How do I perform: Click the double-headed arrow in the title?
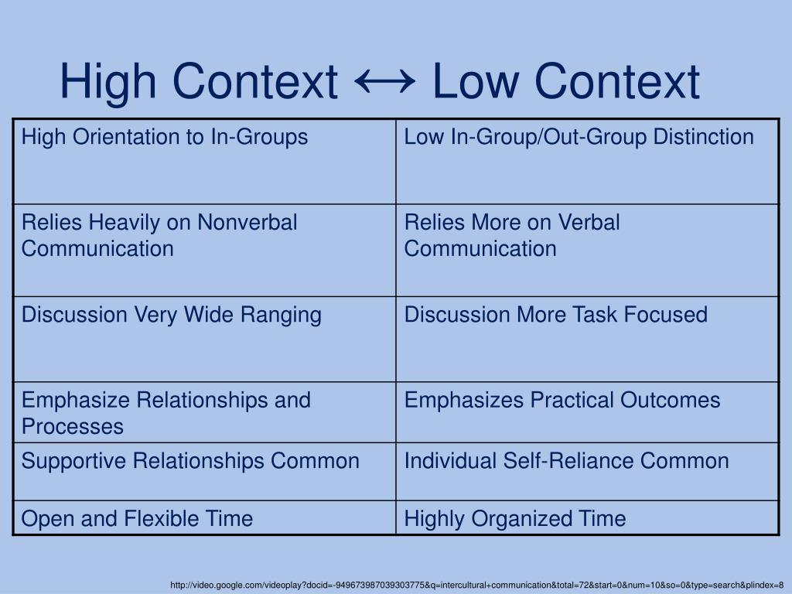click(x=384, y=80)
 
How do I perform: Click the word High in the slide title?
click(x=111, y=81)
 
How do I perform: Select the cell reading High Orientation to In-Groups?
click(x=165, y=138)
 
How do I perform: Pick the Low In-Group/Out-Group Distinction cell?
click(x=579, y=138)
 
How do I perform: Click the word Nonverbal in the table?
click(x=247, y=223)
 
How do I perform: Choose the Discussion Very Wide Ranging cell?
click(x=171, y=315)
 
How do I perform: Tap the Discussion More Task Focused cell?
click(x=555, y=315)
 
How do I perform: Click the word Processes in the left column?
click(x=73, y=426)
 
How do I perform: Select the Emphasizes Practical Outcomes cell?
click(x=562, y=400)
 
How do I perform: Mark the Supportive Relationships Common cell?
click(x=190, y=461)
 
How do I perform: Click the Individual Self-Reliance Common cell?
click(x=566, y=461)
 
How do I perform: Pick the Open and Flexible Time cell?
click(x=137, y=518)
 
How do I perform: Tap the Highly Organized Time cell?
click(x=515, y=518)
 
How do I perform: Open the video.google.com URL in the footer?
click(x=477, y=585)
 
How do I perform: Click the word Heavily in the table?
click(x=126, y=223)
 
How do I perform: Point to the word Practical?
click(x=573, y=400)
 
